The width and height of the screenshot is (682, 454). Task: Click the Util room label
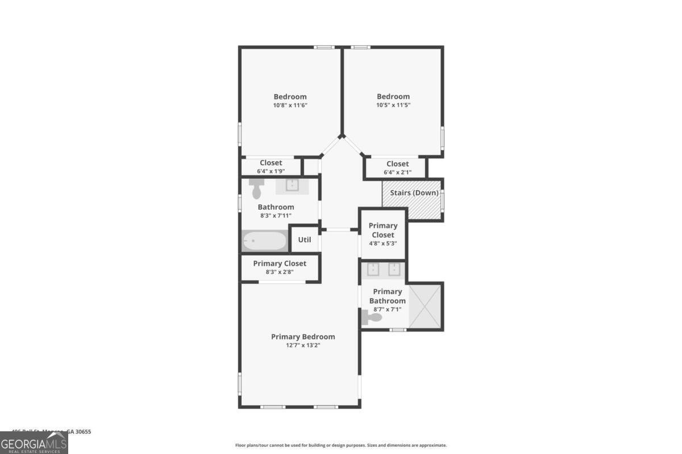pos(305,239)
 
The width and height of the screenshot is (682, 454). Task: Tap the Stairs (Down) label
pos(414,193)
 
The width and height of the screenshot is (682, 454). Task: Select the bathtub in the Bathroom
pos(264,241)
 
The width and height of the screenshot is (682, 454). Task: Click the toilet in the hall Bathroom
pos(256,187)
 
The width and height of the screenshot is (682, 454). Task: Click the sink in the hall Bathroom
pos(292,185)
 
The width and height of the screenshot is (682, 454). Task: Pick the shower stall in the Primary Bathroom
pos(425,307)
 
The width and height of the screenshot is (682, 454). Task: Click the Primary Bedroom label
pos(303,337)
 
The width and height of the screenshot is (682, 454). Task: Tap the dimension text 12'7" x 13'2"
pos(303,345)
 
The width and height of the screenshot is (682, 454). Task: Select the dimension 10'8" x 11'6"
pos(290,105)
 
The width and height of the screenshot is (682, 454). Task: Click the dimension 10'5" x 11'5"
pos(393,105)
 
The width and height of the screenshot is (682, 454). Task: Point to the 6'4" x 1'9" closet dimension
pos(271,171)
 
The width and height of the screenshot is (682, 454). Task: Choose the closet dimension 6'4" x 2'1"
pos(397,172)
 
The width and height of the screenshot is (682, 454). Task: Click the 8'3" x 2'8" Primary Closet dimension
pos(279,272)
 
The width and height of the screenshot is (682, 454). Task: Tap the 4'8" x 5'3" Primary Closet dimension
pos(382,243)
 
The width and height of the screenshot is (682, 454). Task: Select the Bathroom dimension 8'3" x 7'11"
pos(276,216)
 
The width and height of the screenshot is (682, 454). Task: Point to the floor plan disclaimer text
pos(341,445)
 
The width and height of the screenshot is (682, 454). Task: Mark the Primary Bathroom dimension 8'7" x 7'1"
pos(387,309)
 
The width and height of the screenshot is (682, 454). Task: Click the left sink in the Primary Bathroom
pos(373,269)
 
